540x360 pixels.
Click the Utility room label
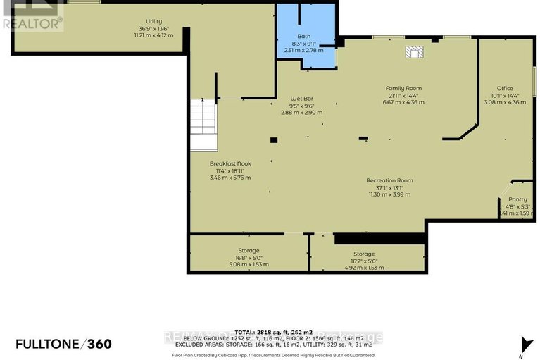[x=153, y=22]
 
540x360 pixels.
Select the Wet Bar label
[x=301, y=98]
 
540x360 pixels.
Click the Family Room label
[x=403, y=88]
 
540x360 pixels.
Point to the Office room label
[x=505, y=88]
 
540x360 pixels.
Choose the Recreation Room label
[x=389, y=180]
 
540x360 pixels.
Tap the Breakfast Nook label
[x=230, y=163]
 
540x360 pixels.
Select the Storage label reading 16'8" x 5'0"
[x=249, y=250]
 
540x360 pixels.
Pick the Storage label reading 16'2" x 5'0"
[x=364, y=254]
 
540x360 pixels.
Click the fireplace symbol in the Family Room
[x=413, y=52]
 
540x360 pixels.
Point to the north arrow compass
[x=522, y=344]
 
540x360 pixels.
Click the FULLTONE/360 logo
[x=63, y=344]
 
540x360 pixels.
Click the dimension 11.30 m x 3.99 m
[x=389, y=194]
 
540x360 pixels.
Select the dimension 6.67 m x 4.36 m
[x=403, y=102]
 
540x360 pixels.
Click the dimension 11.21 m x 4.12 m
[x=153, y=35]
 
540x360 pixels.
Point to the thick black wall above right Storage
[x=379, y=239]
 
